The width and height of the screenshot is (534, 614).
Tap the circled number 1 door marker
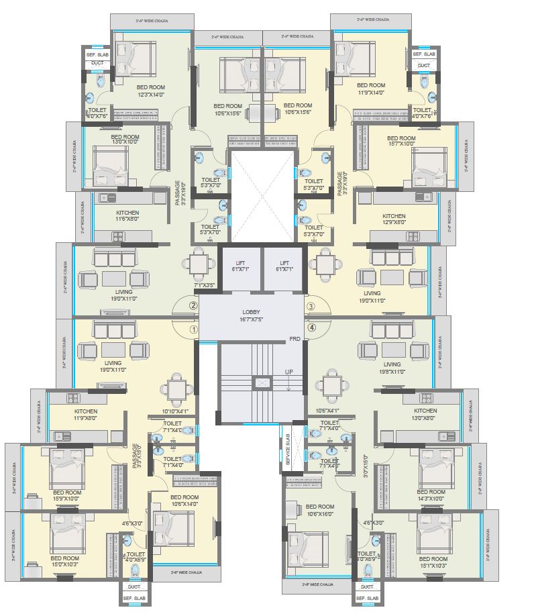click(193, 329)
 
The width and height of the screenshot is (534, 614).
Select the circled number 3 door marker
click(311, 307)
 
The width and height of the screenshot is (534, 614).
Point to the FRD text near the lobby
click(294, 339)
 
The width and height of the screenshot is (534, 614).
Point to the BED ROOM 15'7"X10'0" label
click(401, 143)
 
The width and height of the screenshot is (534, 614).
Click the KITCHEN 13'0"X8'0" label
click(425, 415)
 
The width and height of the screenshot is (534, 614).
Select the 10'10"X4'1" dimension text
click(175, 411)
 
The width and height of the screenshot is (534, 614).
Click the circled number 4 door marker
click(311, 328)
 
